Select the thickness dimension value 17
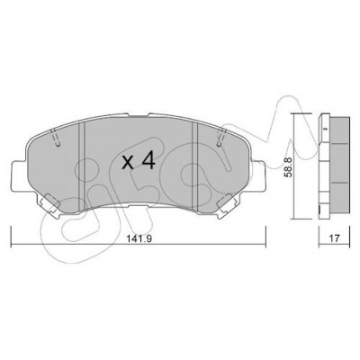[334, 238]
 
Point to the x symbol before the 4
[129, 163]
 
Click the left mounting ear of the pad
[20, 176]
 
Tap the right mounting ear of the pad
[257, 176]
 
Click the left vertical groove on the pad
[82, 166]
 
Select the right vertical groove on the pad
[195, 166]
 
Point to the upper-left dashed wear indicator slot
[56, 138]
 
